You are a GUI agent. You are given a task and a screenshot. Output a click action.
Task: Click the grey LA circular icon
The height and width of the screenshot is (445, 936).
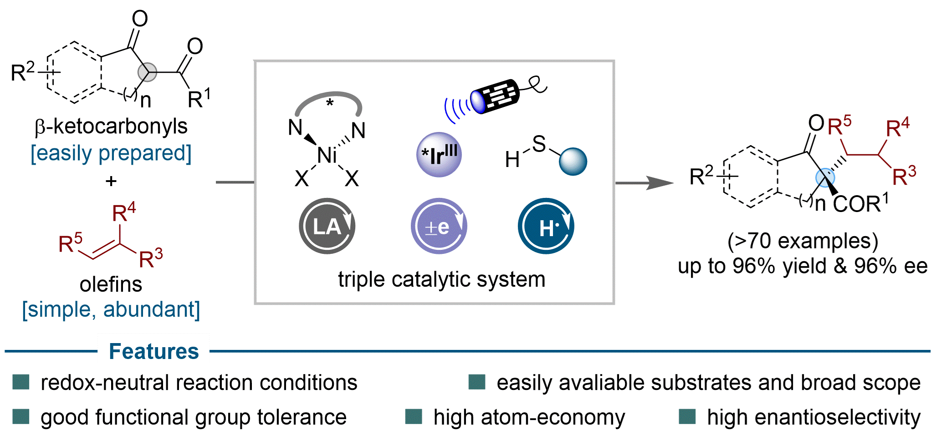(327, 226)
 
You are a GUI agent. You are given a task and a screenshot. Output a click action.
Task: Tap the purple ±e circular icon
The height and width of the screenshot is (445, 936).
(439, 226)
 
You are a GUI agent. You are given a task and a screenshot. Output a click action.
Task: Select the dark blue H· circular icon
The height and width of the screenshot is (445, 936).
(546, 226)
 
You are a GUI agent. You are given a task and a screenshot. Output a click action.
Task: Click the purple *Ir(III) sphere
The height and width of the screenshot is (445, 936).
(439, 155)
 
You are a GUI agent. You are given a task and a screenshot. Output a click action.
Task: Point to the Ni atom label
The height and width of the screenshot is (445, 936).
(327, 156)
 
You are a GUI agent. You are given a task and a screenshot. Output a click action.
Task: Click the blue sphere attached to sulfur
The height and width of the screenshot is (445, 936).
(573, 162)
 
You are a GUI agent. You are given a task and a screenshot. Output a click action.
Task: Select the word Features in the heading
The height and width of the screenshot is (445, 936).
(154, 351)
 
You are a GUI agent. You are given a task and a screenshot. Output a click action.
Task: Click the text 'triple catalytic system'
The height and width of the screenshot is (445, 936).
(441, 279)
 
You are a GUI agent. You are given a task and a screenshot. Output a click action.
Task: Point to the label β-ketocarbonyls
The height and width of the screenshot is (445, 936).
(111, 126)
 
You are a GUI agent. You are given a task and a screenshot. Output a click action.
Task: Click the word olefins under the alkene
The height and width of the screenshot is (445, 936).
(111, 284)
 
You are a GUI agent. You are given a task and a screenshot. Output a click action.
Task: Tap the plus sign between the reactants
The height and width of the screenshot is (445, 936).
(111, 181)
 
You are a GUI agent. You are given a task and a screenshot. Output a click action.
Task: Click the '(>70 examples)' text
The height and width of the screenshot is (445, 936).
(803, 241)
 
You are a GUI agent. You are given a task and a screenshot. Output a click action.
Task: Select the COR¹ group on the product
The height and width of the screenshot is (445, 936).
(860, 203)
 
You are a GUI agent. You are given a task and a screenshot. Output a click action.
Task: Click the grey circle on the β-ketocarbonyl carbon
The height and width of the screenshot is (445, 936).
(147, 72)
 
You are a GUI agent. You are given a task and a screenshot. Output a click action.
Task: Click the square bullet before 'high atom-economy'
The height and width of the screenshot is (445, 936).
(414, 416)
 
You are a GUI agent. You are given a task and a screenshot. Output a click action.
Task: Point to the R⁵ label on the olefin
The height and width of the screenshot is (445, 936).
(71, 243)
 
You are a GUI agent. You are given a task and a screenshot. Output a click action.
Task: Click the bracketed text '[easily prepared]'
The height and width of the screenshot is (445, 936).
(111, 153)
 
